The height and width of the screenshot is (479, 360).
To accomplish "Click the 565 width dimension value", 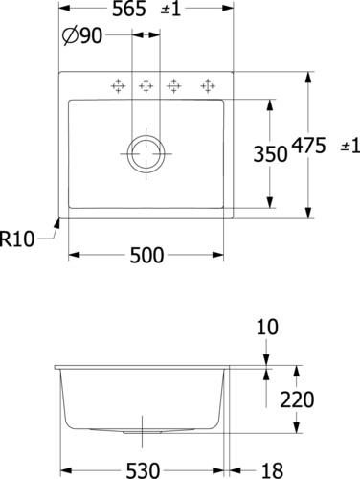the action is tap(129, 9).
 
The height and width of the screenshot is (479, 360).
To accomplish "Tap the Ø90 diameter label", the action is tap(82, 35).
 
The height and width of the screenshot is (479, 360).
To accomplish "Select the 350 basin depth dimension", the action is tap(270, 154).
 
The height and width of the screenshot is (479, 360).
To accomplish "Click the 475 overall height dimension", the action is tap(309, 146).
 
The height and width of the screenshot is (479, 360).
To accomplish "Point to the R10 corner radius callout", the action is tap(17, 239).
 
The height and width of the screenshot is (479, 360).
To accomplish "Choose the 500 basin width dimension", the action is tap(146, 256).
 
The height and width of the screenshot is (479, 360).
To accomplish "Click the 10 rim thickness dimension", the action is tap(267, 327).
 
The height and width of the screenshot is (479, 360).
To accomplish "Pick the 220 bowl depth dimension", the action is tap(297, 399).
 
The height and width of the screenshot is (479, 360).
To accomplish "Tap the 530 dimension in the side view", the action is tap(143, 470).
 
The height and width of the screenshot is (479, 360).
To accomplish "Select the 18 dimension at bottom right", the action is tap(272, 470).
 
